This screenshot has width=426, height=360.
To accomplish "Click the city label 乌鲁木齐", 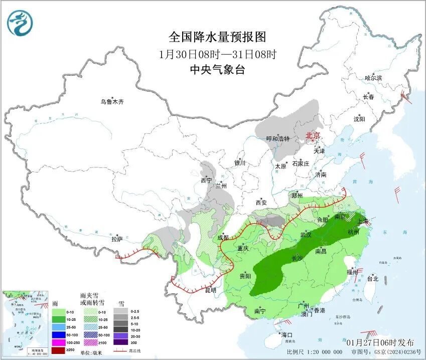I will point(111,102).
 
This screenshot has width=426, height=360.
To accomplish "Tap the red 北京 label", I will point(313,136).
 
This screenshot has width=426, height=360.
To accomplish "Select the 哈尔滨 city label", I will point(373,78).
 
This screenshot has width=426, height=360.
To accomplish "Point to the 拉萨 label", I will point(117,239).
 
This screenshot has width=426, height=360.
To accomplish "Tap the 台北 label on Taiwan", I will point(373,278).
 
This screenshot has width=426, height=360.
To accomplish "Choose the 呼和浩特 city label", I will point(277,138).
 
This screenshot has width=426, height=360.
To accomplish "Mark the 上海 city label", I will point(363,221).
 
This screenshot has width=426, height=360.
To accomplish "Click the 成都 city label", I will point(223,238).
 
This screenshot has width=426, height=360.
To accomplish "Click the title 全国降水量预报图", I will point(217,37).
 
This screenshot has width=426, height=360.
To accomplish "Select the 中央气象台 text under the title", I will point(217,70).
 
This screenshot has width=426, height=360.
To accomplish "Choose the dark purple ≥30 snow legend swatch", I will point(120,342).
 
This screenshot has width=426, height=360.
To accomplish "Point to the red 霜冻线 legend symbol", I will point(120,350).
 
